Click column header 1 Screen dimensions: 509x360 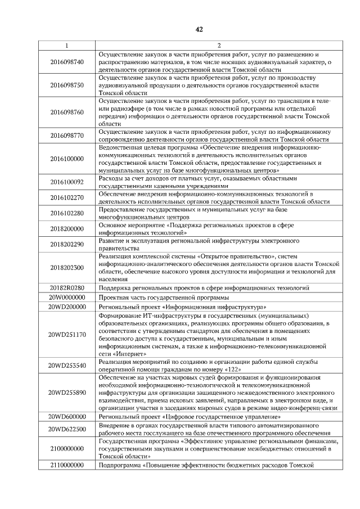point(66,45)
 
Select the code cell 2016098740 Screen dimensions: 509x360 point(66,61)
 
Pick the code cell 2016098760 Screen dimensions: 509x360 point(66,112)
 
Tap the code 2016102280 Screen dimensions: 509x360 point(66,213)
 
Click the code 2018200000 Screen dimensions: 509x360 point(66,229)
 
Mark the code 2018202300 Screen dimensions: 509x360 point(66,268)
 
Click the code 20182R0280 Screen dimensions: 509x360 point(66,287)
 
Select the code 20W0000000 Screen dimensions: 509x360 point(66,297)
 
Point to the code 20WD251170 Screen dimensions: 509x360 point(66,335)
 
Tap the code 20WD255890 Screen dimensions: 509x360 point(66,392)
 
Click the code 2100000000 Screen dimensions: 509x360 point(66,448)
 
